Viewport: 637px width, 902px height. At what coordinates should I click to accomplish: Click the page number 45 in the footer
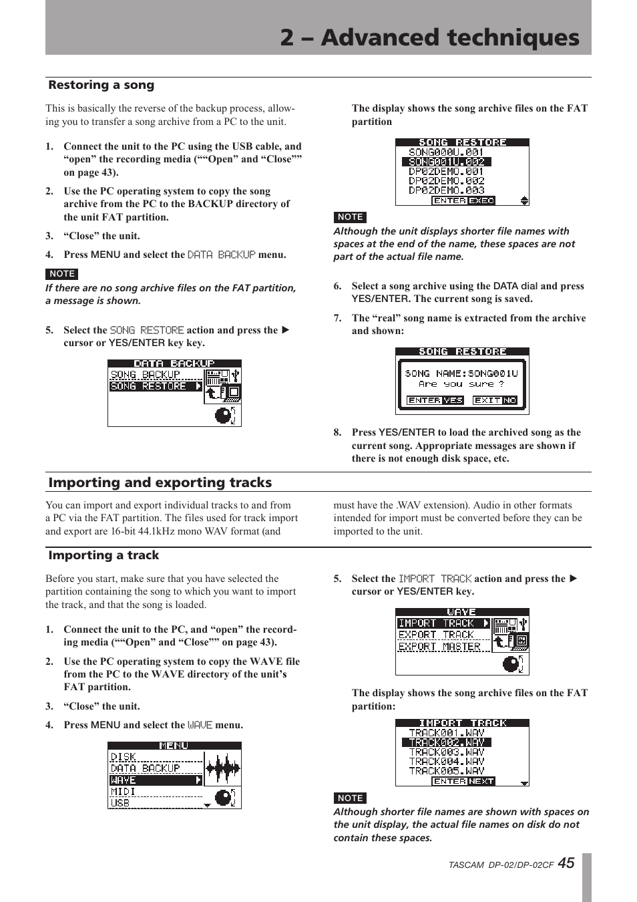click(565, 863)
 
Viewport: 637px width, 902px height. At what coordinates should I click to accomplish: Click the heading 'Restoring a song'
click(101, 85)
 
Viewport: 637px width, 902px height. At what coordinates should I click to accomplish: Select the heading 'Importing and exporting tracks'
click(160, 482)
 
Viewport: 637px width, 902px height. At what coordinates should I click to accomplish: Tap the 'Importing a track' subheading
click(103, 555)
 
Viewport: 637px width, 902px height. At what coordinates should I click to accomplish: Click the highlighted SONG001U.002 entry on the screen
click(446, 162)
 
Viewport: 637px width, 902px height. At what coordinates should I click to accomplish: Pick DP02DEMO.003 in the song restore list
click(446, 190)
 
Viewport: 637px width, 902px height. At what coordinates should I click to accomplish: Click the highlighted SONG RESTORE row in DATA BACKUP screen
click(155, 386)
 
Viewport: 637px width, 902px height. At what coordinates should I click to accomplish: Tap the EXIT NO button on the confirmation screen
click(495, 400)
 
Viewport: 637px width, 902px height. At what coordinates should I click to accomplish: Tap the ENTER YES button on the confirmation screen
click(435, 400)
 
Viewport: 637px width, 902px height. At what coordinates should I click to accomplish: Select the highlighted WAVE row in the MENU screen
click(155, 780)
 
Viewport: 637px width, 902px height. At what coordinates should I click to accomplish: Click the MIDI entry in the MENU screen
click(124, 792)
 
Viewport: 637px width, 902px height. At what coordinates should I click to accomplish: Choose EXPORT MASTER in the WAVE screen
click(439, 647)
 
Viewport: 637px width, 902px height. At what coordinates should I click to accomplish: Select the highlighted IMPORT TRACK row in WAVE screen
click(443, 623)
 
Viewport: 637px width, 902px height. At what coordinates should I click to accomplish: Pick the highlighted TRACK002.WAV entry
click(446, 742)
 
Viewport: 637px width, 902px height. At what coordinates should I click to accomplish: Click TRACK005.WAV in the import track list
click(446, 771)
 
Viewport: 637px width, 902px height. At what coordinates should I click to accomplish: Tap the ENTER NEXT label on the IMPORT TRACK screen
click(463, 781)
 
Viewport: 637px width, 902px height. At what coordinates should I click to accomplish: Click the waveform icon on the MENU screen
click(222, 768)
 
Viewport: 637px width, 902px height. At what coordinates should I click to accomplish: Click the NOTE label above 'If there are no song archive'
click(62, 274)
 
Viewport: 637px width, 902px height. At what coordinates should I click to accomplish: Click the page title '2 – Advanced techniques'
click(429, 37)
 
